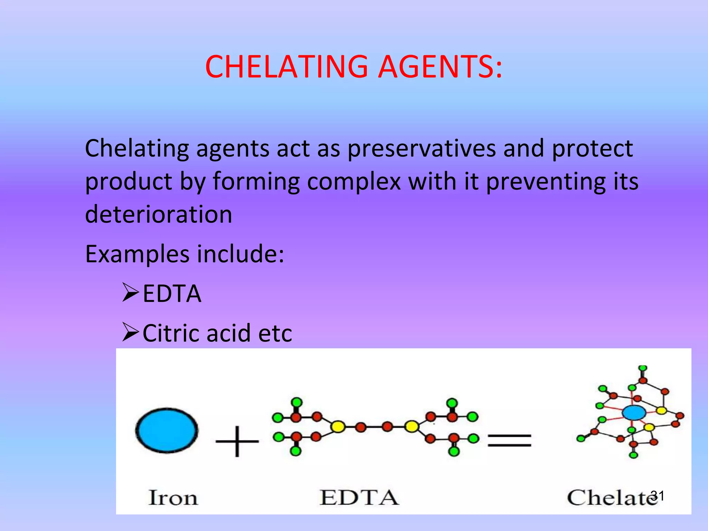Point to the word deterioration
click(158, 214)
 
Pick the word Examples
click(137, 254)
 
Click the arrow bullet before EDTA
click(130, 293)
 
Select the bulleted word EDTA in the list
click(172, 294)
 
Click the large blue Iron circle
click(167, 430)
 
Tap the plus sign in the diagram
click(237, 441)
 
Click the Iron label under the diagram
click(173, 498)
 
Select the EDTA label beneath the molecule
click(359, 498)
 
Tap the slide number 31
click(658, 496)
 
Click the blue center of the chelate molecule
click(634, 412)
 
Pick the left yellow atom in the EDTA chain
click(338, 427)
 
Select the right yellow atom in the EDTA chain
click(411, 427)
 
